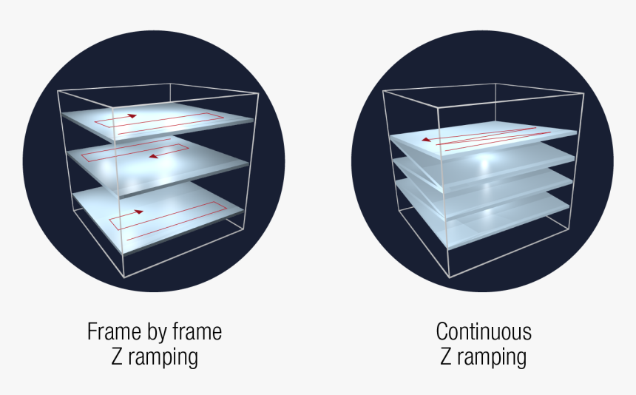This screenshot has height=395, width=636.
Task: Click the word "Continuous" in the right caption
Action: point(484,331)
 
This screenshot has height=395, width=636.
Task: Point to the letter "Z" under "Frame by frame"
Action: point(117,357)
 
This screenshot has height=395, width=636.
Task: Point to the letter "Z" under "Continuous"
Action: point(446,357)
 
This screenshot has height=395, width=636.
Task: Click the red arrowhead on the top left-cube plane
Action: point(132,115)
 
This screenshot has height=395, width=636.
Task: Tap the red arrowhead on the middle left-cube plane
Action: point(153,156)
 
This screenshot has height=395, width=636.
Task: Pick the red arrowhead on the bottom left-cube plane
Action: point(139,212)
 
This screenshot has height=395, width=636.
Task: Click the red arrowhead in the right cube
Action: point(426,140)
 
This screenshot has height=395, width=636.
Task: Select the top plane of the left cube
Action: point(158,121)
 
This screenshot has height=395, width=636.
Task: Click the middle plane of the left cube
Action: point(158,164)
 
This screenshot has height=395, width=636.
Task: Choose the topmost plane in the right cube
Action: point(483,139)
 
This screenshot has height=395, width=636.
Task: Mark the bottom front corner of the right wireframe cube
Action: point(450,278)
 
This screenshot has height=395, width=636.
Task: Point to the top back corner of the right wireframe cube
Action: point(495,84)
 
